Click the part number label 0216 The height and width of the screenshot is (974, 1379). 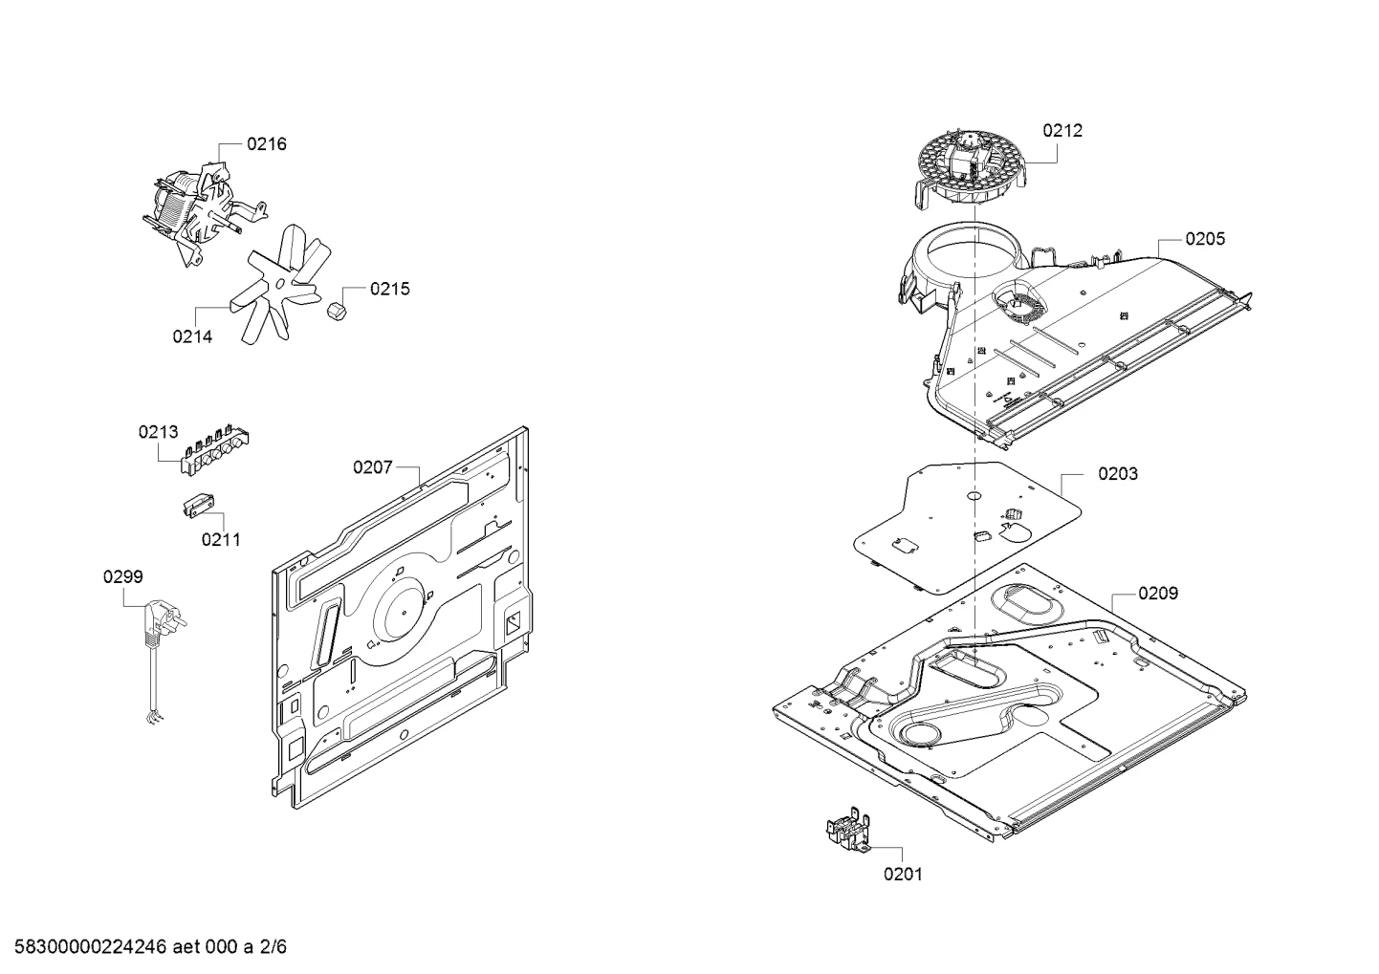[267, 144]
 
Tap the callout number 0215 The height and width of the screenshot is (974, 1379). [389, 289]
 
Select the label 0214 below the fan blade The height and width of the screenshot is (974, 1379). [192, 336]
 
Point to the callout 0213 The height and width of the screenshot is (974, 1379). [158, 432]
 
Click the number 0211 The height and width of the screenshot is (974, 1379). [221, 540]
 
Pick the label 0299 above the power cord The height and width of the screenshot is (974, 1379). [123, 576]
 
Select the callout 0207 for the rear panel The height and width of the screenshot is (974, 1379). [372, 467]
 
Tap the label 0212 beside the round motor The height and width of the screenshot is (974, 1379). [1062, 130]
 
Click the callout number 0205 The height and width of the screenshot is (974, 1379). [1205, 239]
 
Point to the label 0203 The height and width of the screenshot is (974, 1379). [1118, 474]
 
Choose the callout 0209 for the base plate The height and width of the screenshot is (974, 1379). [1158, 594]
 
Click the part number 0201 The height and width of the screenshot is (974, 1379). [903, 875]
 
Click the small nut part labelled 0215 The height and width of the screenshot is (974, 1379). [338, 312]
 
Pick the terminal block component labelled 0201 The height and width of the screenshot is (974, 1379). [847, 832]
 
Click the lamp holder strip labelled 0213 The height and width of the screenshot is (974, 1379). [214, 448]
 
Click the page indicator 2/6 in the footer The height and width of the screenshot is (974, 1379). [273, 946]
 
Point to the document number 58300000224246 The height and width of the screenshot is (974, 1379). [91, 946]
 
